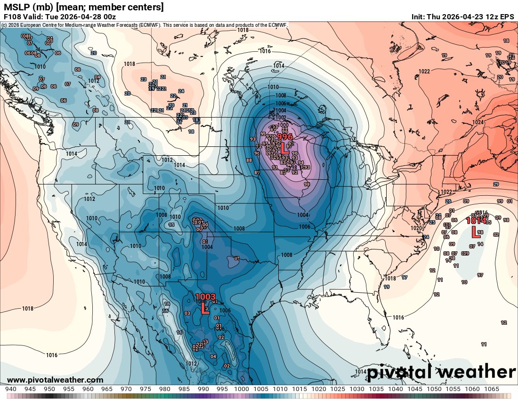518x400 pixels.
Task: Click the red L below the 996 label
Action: point(284,149)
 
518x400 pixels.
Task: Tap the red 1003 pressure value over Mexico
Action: point(205,297)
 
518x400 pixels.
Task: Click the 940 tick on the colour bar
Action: point(11,389)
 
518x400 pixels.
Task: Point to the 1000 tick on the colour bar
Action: point(242,389)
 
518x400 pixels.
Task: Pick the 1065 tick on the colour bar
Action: point(491,389)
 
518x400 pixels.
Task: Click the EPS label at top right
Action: point(508,17)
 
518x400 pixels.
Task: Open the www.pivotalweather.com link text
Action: point(55,380)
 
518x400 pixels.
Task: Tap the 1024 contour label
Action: point(478,122)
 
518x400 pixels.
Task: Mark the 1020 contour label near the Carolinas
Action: point(416,228)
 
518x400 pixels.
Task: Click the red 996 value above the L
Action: point(285,136)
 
